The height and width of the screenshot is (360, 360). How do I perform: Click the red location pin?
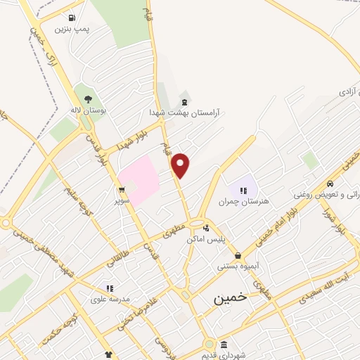click(x=181, y=165)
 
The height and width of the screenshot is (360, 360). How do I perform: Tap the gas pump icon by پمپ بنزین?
click(x=72, y=18)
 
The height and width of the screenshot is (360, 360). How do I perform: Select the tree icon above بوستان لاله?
click(x=88, y=99)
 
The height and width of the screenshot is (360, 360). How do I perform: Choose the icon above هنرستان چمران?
click(x=244, y=190)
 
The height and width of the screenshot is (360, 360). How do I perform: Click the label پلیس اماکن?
click(x=205, y=239)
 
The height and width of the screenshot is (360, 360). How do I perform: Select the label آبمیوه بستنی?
click(x=238, y=267)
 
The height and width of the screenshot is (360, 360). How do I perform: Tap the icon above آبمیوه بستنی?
click(x=238, y=255)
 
